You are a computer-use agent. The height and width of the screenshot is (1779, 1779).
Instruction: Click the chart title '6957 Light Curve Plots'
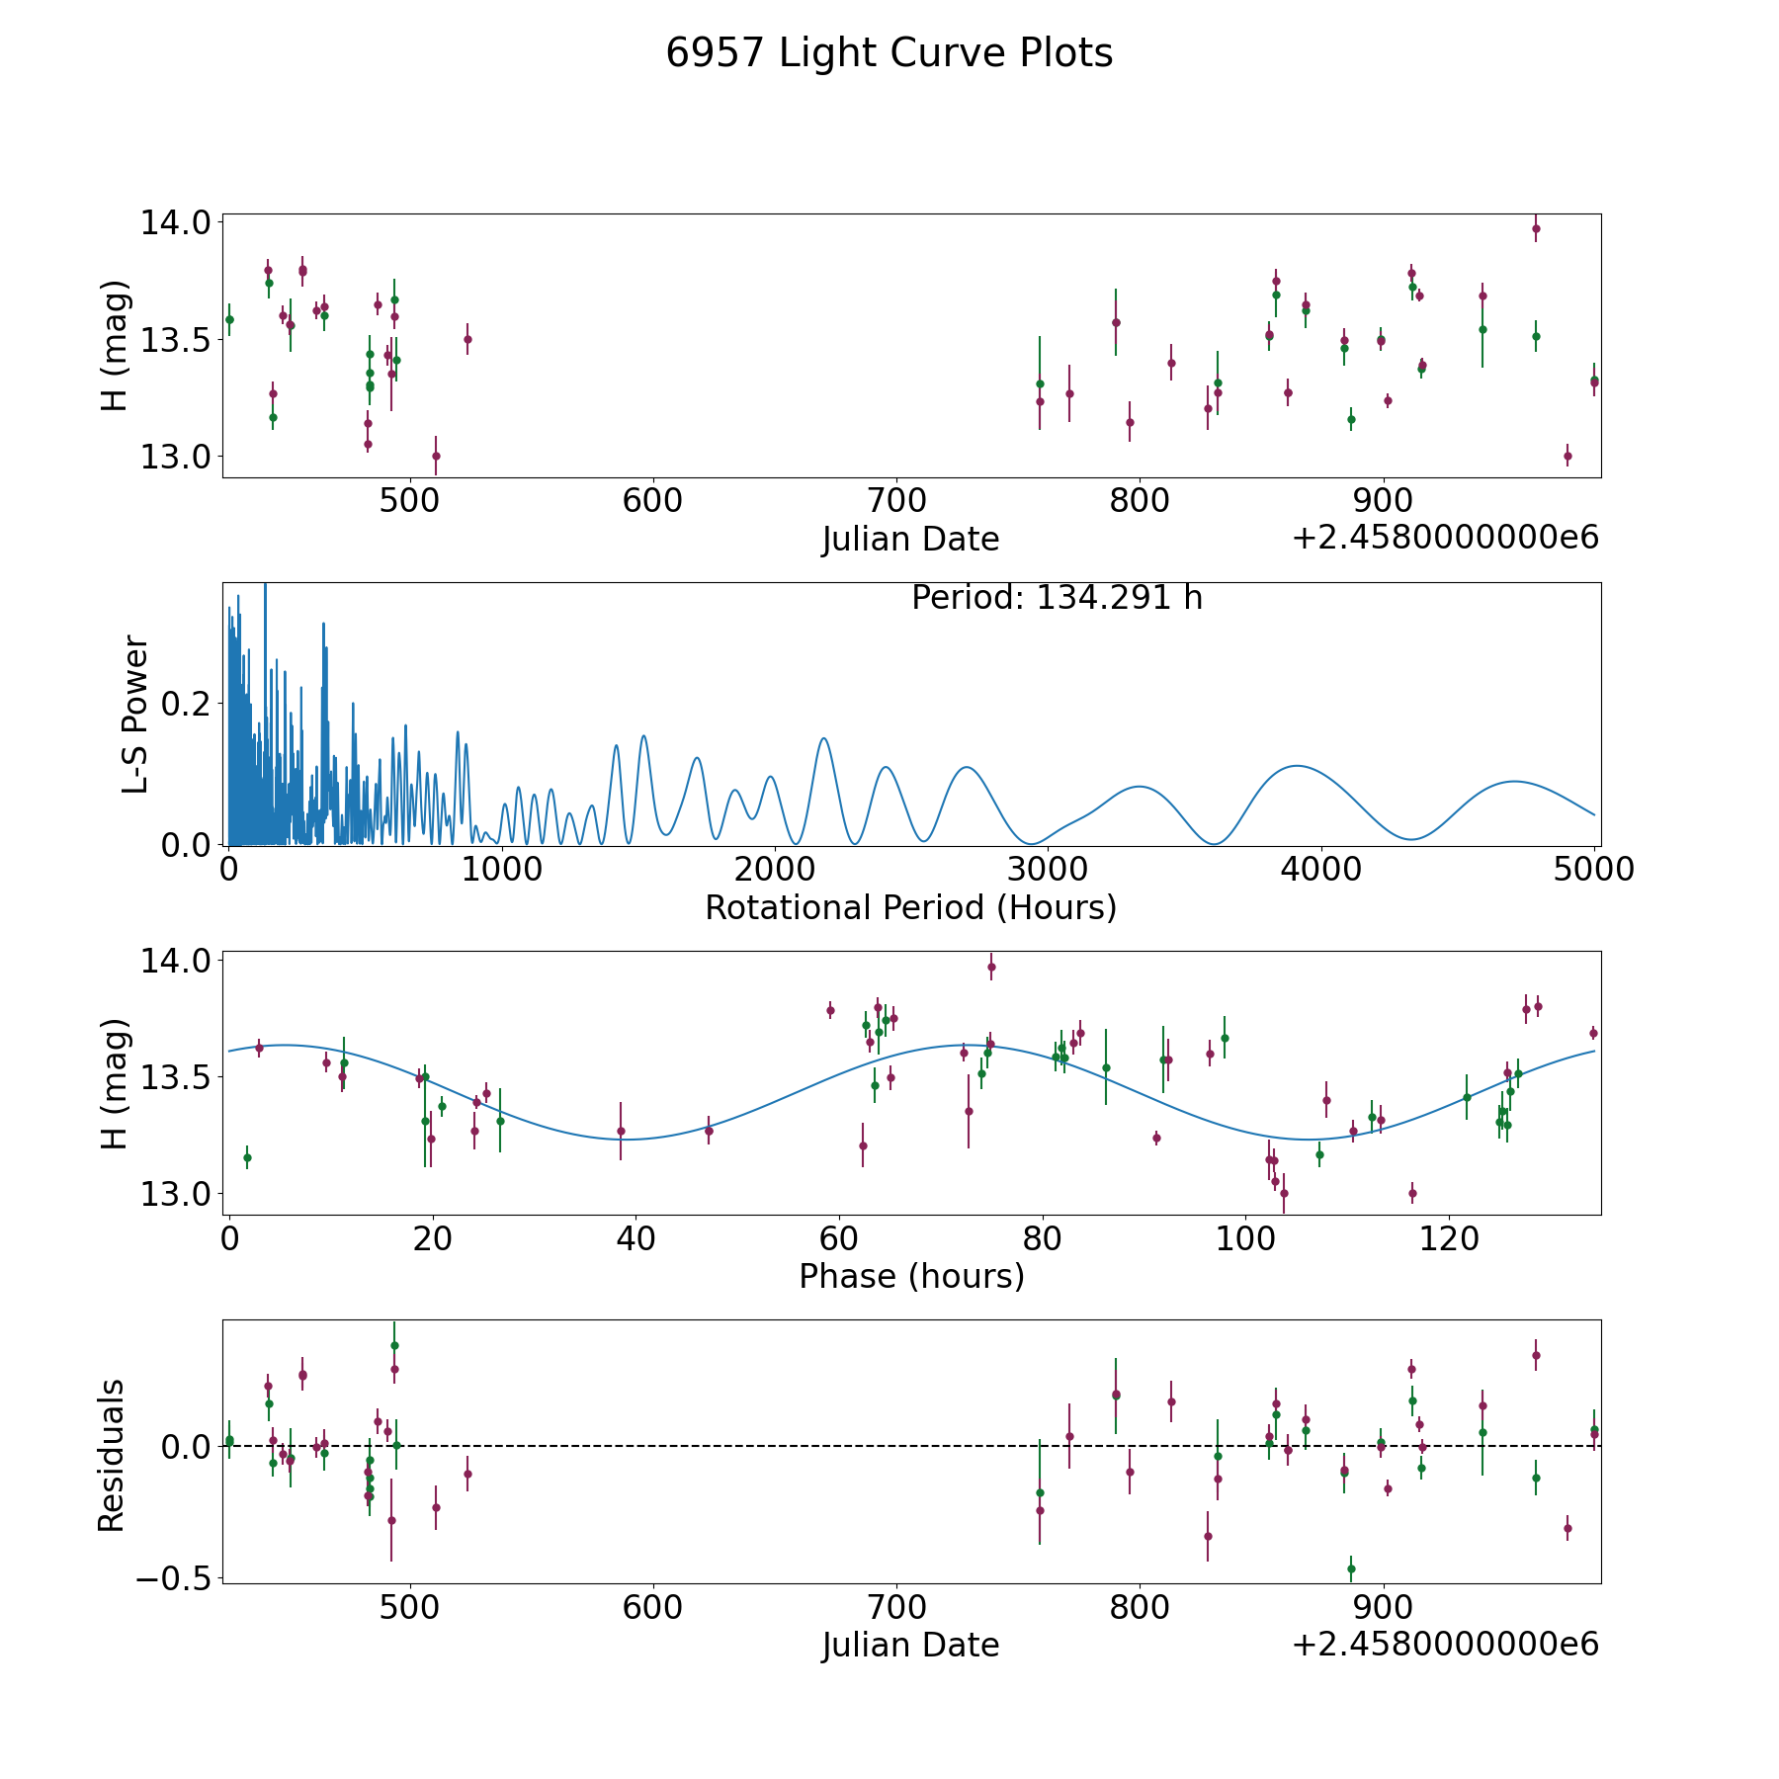889,53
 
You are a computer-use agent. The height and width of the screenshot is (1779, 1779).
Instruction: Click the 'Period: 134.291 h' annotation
1057,598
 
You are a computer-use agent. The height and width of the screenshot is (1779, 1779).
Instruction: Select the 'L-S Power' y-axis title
135,714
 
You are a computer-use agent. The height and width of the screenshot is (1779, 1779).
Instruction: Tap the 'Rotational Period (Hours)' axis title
910,907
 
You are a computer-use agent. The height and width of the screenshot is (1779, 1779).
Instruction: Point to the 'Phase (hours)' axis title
910,1276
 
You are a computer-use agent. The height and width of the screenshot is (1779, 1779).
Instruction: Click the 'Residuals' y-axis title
112,1455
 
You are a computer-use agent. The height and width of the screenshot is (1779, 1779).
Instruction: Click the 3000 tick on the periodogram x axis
1047,870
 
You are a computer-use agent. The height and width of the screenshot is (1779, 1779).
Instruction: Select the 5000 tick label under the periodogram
1593,870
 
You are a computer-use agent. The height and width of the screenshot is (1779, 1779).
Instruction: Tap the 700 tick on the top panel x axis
895,500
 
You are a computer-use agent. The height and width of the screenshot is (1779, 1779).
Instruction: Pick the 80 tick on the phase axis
1042,1238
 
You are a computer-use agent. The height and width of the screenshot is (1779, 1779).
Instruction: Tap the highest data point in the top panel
1536,228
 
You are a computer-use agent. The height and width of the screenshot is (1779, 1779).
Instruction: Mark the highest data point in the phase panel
991,967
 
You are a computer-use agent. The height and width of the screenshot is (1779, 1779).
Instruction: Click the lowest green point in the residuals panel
1351,1568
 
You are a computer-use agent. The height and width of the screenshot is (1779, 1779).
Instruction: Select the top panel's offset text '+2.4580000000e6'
1445,539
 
